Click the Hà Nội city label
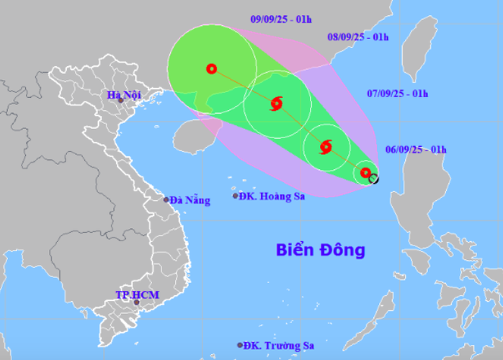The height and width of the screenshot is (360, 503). click(x=123, y=95)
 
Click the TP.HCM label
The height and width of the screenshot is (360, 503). click(x=137, y=295)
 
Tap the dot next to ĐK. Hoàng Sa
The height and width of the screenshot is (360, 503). click(x=235, y=196)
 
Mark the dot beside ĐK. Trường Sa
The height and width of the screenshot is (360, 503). click(x=241, y=346)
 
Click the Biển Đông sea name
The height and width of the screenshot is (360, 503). click(x=321, y=251)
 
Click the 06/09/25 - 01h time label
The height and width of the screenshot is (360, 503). click(x=416, y=150)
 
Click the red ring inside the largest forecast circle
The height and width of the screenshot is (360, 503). click(x=211, y=69)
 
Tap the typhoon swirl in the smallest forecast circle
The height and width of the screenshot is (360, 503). click(x=325, y=148)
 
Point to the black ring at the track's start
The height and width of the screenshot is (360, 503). click(x=373, y=179)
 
